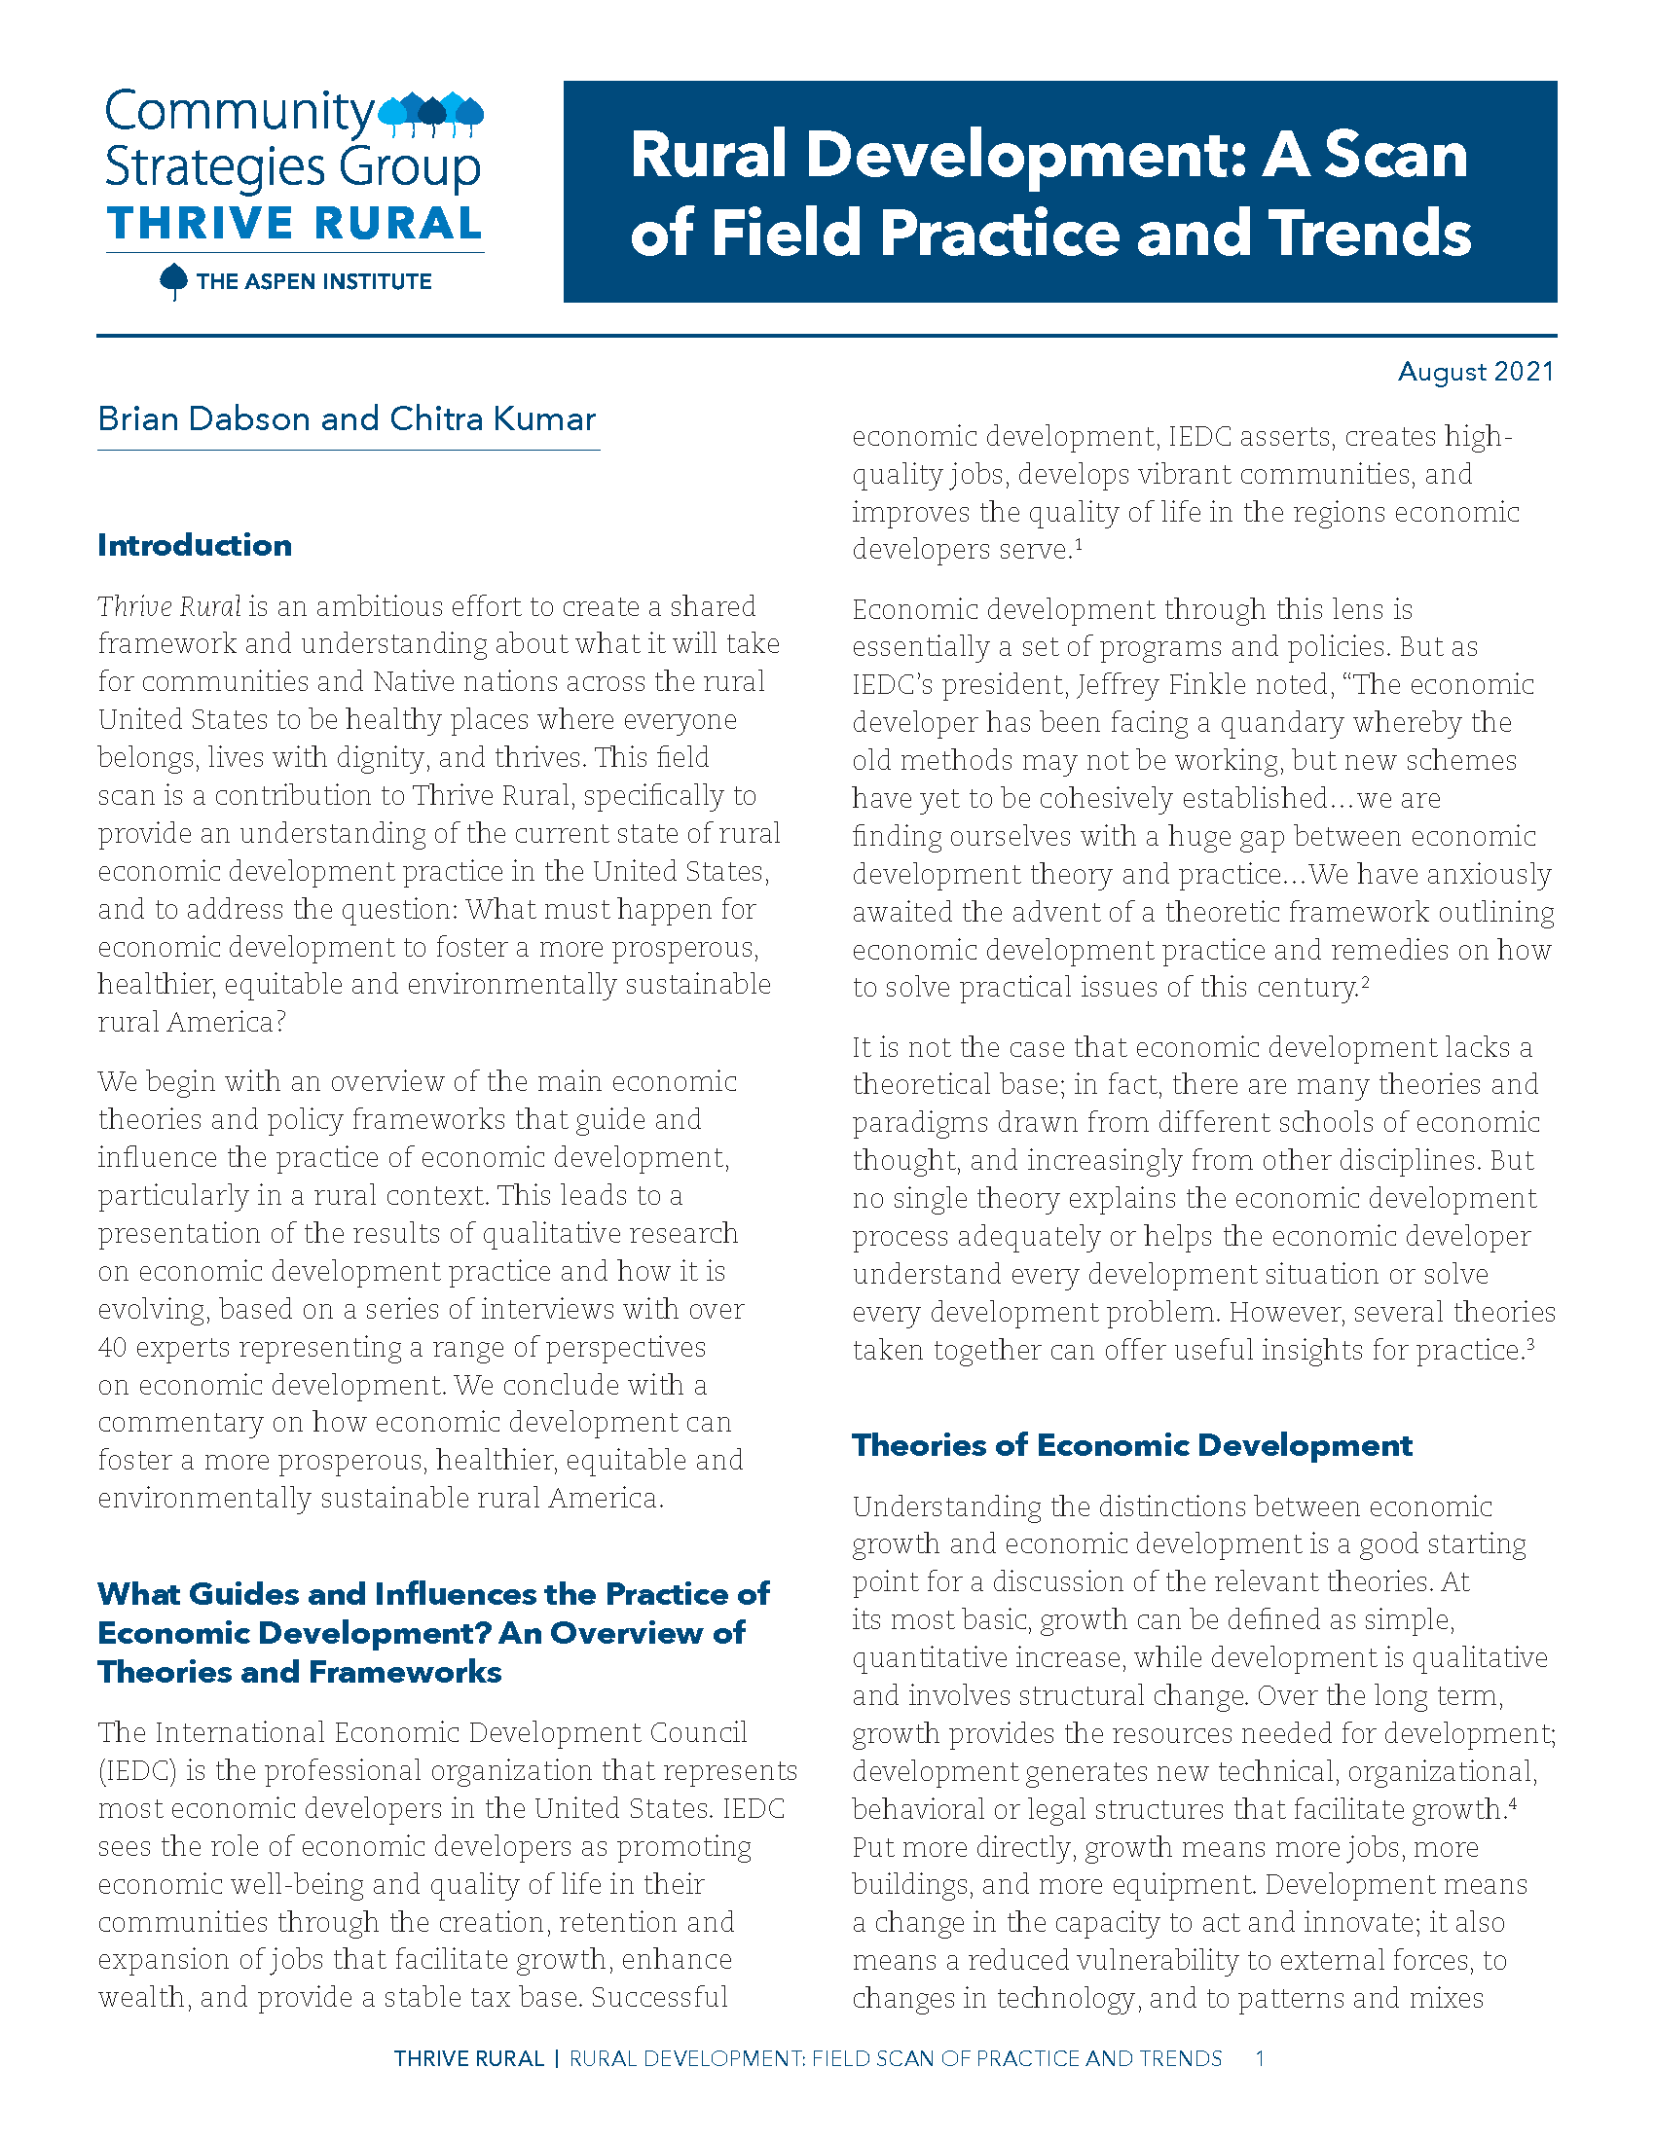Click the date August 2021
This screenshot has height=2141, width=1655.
(1475, 372)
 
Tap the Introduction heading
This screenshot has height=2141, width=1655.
(194, 545)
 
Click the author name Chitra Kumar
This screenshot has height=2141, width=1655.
(493, 418)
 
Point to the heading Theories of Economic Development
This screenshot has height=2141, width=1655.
(1131, 1445)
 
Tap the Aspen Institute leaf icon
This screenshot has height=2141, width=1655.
(173, 281)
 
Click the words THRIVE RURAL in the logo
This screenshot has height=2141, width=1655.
(294, 224)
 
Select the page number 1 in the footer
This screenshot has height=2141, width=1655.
(1260, 2057)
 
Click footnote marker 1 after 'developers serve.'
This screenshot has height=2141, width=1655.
(1078, 542)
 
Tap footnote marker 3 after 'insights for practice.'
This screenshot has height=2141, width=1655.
(1530, 1343)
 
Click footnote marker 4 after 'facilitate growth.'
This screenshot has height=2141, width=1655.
(1514, 1801)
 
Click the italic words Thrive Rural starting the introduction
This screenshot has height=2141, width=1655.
(168, 607)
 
